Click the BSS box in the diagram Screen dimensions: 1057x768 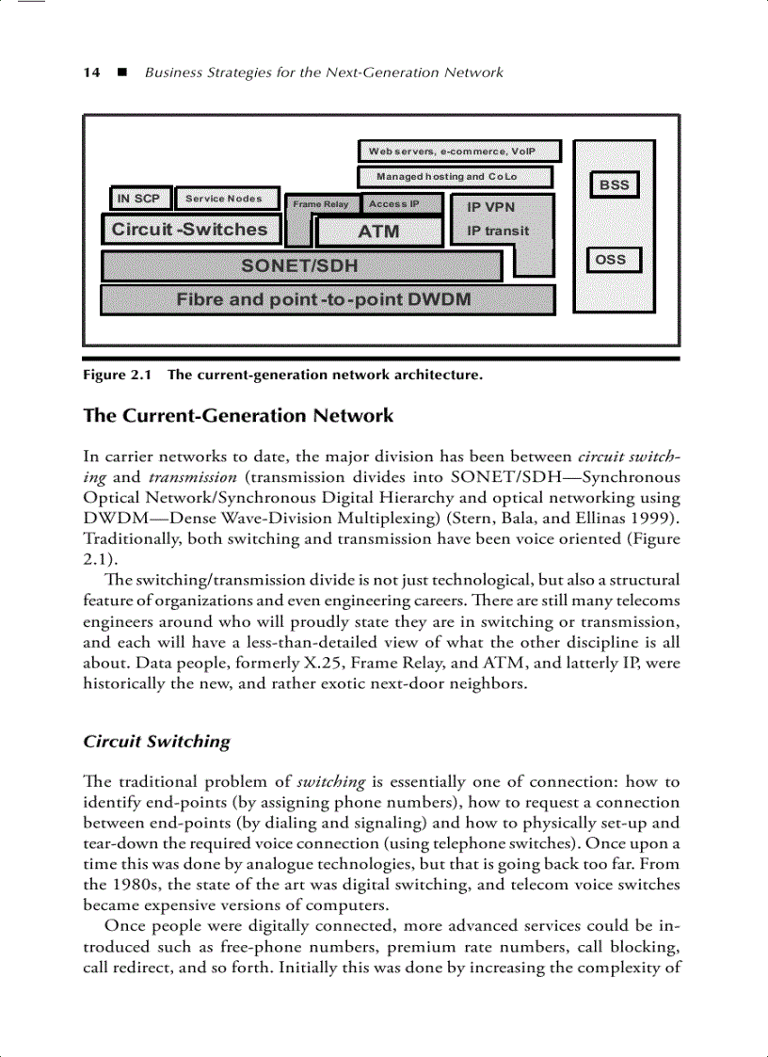click(615, 184)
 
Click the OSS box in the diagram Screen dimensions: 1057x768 click(613, 260)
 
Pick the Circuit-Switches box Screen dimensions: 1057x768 click(190, 230)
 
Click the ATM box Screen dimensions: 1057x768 click(379, 232)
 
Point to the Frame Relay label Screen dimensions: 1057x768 click(321, 204)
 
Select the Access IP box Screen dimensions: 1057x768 click(392, 203)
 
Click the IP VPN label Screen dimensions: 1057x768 click(491, 209)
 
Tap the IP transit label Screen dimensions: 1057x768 click(498, 231)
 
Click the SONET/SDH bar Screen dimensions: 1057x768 click(300, 265)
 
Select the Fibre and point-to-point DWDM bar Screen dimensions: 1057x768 click(325, 300)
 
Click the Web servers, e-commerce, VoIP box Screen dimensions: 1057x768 click(459, 151)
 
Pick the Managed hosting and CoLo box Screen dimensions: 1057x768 click(454, 176)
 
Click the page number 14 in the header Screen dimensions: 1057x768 click(91, 72)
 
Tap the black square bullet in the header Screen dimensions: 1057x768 click(120, 72)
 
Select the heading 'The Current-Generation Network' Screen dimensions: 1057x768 click(239, 415)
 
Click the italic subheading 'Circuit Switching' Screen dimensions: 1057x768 click(157, 741)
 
